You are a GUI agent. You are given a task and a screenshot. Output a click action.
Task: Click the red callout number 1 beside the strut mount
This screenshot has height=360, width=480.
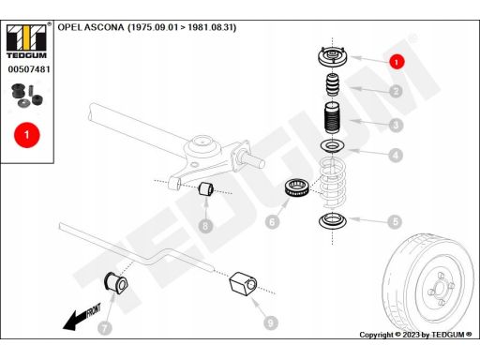[x=397, y=62]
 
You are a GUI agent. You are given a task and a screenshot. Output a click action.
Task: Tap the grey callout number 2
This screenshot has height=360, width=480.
[x=397, y=91]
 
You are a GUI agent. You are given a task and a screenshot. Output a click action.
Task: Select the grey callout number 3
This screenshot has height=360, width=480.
[x=396, y=125]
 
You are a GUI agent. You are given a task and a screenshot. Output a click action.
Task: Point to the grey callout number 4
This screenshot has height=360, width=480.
[x=396, y=155]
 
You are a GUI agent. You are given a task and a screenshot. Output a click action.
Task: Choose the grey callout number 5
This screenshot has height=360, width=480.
[x=395, y=221]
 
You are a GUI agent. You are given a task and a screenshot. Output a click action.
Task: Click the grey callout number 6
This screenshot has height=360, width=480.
[x=272, y=222]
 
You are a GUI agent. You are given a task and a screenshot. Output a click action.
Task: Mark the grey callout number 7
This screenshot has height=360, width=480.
[x=105, y=328]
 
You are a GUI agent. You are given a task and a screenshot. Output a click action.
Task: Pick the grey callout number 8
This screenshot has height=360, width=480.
[x=205, y=226]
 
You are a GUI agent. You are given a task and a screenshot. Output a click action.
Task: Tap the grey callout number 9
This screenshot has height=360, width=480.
[x=271, y=322]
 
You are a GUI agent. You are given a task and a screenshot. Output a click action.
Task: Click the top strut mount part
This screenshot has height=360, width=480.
[x=332, y=57]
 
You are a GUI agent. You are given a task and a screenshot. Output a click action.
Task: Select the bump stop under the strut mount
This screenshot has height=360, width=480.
[x=334, y=84]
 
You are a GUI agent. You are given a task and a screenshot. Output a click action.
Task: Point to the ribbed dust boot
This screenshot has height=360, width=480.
[x=332, y=118]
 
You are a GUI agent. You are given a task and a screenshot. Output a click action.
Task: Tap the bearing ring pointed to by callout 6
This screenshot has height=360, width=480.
[x=297, y=187]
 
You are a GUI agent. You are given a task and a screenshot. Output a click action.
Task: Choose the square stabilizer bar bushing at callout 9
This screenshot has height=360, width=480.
[x=244, y=284]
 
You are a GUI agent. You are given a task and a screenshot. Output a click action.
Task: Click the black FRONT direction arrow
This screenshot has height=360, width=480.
[x=82, y=317]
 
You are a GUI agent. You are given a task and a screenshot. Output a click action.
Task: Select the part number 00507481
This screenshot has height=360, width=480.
[x=29, y=69]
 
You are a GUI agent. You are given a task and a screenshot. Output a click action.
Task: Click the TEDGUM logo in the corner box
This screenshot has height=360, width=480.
[x=27, y=41]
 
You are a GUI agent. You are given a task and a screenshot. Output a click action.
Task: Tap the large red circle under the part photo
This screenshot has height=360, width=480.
[x=27, y=135]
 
